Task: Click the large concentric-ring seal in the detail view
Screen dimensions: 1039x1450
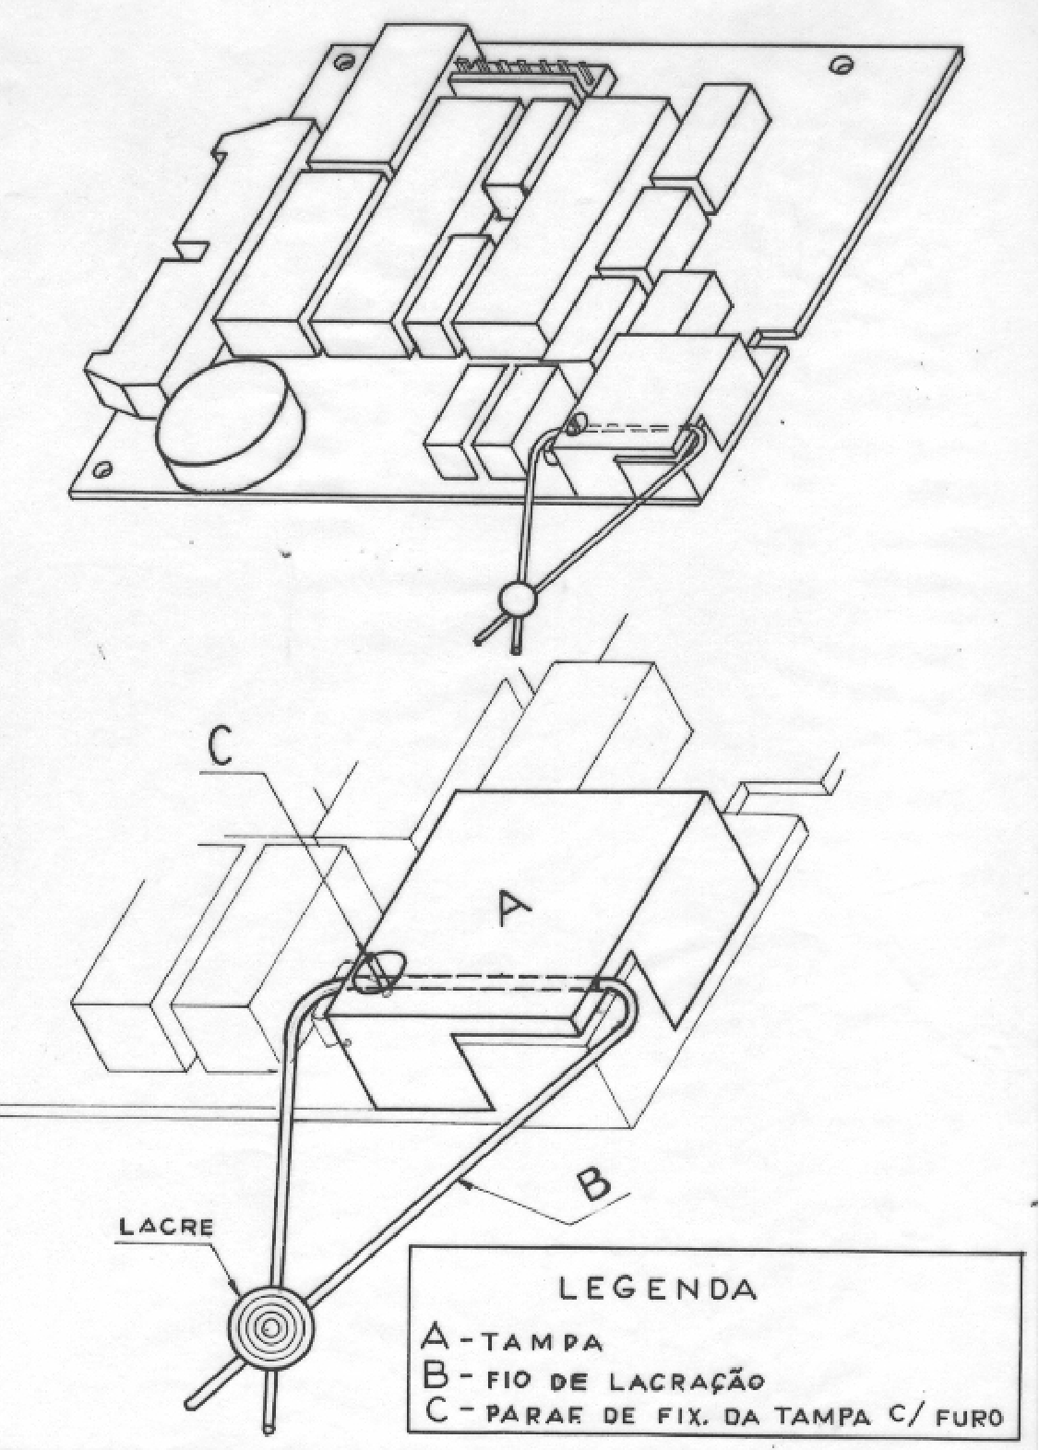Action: (270, 1325)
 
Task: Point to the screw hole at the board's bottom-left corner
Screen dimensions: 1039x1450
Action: (102, 468)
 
